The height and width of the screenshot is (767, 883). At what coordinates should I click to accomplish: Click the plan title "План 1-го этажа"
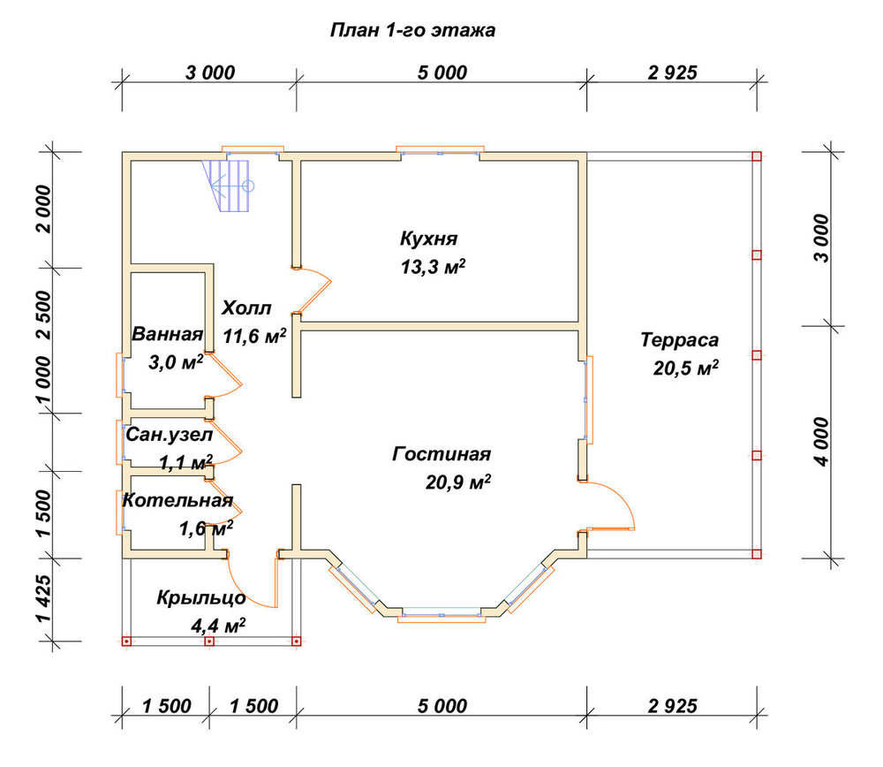pyautogui.click(x=412, y=30)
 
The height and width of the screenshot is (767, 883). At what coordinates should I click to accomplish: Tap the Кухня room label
pyautogui.click(x=428, y=239)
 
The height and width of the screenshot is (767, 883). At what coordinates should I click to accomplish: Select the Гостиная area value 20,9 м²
pyautogui.click(x=457, y=482)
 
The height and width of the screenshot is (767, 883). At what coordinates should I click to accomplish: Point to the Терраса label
pyautogui.click(x=680, y=340)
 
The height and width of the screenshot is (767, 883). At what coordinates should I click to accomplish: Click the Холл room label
pyautogui.click(x=246, y=308)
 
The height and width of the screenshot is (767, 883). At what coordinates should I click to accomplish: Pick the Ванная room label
pyautogui.click(x=167, y=334)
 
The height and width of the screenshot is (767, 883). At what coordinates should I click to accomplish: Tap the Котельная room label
pyautogui.click(x=177, y=500)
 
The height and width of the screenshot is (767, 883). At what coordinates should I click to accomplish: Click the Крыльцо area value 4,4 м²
pyautogui.click(x=218, y=626)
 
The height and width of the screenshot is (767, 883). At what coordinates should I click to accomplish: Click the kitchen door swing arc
pyautogui.click(x=318, y=289)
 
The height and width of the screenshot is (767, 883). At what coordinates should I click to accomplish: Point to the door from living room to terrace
pyautogui.click(x=611, y=505)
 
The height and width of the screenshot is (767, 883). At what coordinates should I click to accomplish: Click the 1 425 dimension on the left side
pyautogui.click(x=44, y=598)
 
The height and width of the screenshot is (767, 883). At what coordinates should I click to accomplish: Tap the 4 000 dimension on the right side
pyautogui.click(x=822, y=442)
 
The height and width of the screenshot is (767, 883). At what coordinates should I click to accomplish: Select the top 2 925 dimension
pyautogui.click(x=672, y=72)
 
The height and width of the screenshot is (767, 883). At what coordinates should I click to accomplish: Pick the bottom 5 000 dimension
pyautogui.click(x=442, y=706)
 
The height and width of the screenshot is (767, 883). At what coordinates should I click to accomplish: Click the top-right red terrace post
pyautogui.click(x=757, y=156)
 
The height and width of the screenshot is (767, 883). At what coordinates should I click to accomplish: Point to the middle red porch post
pyautogui.click(x=209, y=642)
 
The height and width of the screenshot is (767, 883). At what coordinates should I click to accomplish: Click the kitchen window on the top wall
pyautogui.click(x=441, y=152)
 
